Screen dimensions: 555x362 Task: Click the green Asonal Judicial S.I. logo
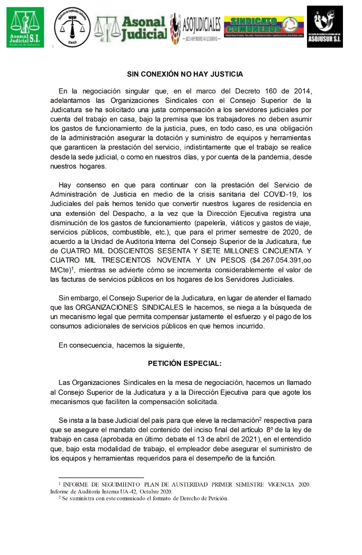tap(25, 27)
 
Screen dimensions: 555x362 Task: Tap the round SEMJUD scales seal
tap(72, 27)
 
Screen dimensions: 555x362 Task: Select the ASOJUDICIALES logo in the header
tap(196, 27)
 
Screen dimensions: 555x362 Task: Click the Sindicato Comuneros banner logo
tap(263, 27)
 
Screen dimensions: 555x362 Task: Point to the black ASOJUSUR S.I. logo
tap(324, 26)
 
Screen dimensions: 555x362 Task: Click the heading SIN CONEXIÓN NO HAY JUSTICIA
tap(185, 74)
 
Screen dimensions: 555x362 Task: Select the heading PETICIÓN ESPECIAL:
tap(185, 363)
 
